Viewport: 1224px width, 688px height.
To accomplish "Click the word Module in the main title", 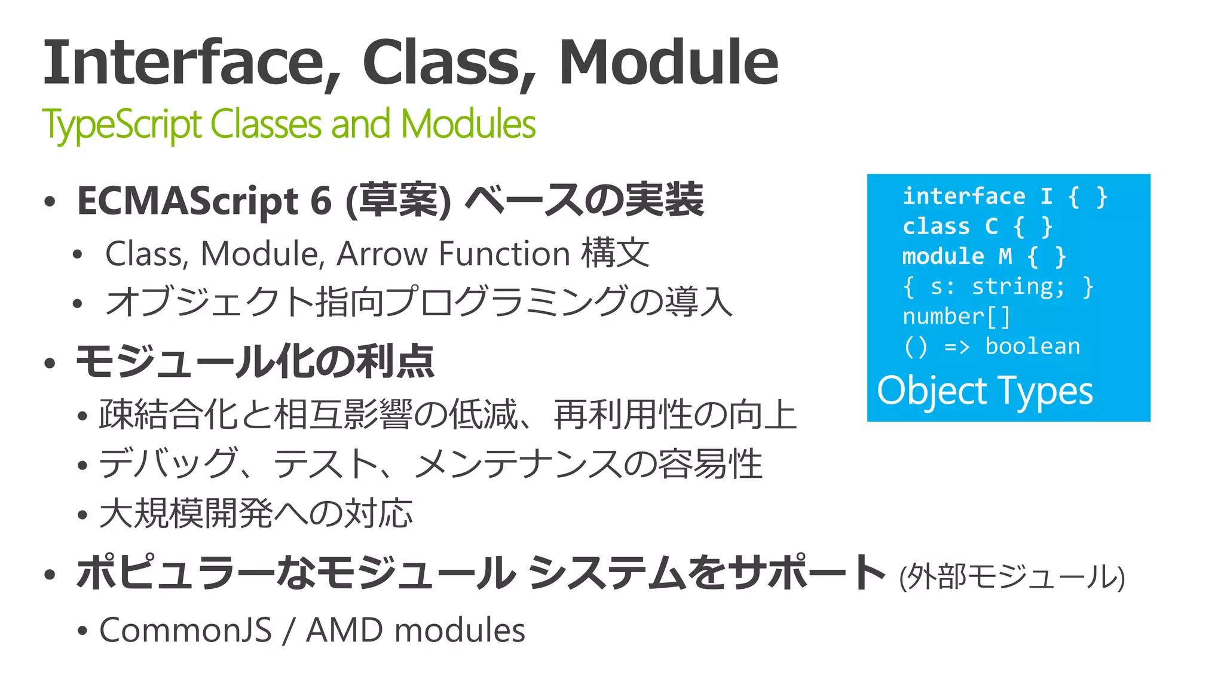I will (668, 63).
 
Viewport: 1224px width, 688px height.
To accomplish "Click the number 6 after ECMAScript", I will (321, 201).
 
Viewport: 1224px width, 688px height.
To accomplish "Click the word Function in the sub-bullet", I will (504, 254).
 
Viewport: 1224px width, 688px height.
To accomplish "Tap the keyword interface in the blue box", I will (963, 196).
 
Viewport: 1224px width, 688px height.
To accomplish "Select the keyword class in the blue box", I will (936, 226).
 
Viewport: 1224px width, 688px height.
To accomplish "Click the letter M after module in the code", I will (1005, 257).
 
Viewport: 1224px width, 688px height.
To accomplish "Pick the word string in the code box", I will (1018, 287).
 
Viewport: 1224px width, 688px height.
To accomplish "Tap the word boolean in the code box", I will (1032, 346).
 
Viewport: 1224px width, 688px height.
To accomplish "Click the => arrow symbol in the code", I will (957, 347).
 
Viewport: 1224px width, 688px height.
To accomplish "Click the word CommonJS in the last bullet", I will (185, 630).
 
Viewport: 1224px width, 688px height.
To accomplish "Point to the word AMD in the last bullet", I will (344, 630).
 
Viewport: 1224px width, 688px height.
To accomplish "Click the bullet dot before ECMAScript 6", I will (50, 202).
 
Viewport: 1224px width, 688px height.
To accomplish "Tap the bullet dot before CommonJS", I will (83, 631).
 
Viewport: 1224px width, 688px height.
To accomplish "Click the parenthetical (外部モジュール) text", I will (1012, 577).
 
